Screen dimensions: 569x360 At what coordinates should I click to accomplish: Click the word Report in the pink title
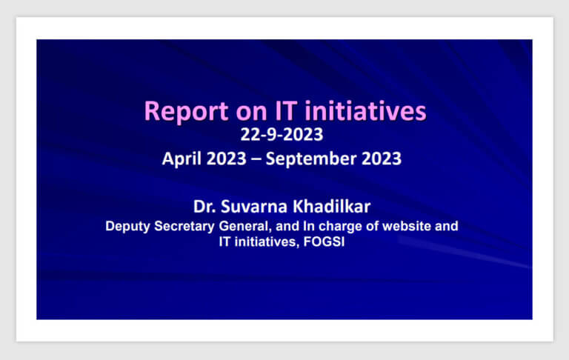click(x=186, y=112)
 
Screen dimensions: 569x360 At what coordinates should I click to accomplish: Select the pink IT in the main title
click(x=286, y=110)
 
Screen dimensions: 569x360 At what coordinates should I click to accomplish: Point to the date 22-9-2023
click(x=282, y=135)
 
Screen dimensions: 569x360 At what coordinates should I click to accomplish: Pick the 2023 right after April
click(x=227, y=159)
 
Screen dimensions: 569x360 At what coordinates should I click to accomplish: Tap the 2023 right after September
click(x=382, y=159)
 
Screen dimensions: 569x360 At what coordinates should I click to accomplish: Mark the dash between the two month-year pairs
click(x=256, y=159)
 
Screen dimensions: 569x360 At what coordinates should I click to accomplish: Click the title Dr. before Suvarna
click(x=204, y=207)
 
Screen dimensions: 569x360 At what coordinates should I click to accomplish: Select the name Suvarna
click(x=254, y=207)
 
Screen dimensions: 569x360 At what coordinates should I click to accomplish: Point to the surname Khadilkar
click(x=332, y=206)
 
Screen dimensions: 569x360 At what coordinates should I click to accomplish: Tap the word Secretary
click(x=184, y=227)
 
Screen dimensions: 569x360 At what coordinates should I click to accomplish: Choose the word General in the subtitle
click(x=245, y=226)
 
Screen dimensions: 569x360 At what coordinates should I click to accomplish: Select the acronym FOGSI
click(x=324, y=241)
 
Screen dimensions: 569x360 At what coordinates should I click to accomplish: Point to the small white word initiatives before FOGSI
click(x=267, y=241)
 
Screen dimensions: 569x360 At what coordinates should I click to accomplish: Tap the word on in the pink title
click(x=251, y=113)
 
